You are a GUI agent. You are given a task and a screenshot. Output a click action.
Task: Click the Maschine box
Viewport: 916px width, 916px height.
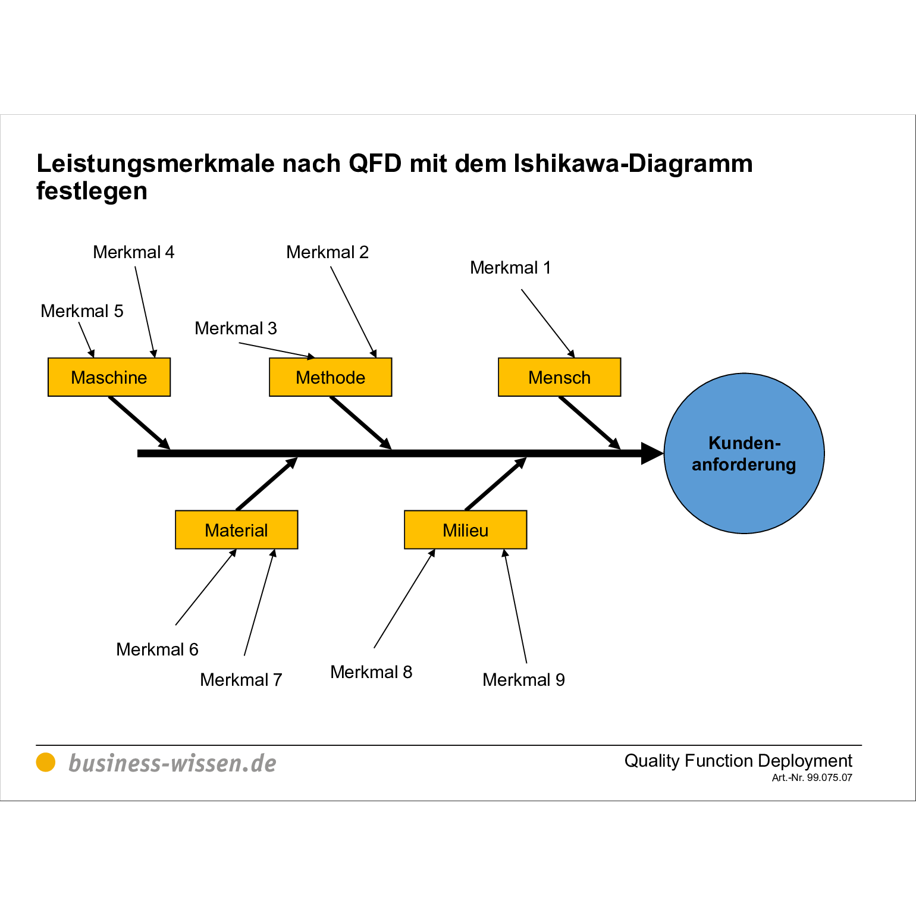point(109,377)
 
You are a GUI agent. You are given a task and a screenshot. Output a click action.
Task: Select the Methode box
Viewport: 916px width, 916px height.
point(330,377)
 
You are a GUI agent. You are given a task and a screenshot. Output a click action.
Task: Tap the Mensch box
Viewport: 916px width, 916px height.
point(559,377)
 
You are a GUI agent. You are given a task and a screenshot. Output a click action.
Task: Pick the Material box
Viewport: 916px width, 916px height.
point(236,529)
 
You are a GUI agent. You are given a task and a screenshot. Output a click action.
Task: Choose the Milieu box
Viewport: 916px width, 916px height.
point(465,529)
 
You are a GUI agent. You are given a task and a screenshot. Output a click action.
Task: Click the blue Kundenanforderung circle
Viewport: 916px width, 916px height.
point(744,453)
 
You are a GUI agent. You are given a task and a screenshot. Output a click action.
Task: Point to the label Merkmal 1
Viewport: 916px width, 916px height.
point(510,268)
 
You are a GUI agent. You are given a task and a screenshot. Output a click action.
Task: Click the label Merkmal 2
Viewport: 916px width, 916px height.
point(327,252)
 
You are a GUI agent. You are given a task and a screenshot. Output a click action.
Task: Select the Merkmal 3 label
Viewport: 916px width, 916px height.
point(236,328)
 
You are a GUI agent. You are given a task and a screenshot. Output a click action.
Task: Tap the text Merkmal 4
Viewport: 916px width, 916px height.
point(133,252)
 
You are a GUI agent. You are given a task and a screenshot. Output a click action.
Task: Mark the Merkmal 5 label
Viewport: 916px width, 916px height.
point(81,311)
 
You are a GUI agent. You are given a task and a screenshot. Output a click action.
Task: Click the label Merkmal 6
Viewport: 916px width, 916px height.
point(157,650)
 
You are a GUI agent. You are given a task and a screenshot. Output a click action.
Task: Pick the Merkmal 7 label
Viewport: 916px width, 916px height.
point(241,680)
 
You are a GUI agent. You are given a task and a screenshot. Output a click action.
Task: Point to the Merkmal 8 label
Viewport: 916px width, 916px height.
point(371,672)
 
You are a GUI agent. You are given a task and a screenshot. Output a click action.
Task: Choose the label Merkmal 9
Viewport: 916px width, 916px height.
point(523,680)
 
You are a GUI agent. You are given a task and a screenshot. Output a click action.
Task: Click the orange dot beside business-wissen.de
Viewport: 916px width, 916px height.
point(46,762)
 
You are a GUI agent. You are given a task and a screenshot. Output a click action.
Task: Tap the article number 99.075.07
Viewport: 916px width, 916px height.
point(829,777)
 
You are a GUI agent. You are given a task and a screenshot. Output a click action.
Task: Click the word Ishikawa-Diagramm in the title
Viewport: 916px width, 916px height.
point(633,164)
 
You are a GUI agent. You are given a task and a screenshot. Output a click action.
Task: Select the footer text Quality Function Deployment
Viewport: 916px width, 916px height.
point(738,761)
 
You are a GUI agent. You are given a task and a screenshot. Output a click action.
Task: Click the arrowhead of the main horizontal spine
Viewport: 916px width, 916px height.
point(652,453)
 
